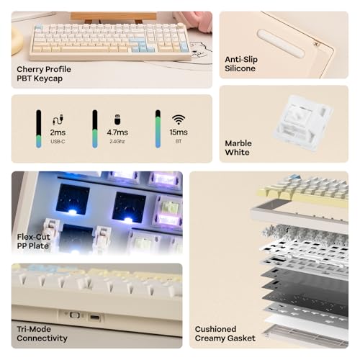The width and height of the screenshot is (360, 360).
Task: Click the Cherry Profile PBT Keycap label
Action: pyautogui.click(x=44, y=73)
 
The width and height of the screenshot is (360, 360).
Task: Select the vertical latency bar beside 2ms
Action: pyautogui.click(x=38, y=129)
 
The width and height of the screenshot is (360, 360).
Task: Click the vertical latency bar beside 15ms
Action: pyautogui.click(x=158, y=129)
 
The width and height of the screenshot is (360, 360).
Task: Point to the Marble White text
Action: pyautogui.click(x=238, y=147)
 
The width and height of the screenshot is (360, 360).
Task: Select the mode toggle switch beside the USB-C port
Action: pyautogui.click(x=73, y=315)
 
